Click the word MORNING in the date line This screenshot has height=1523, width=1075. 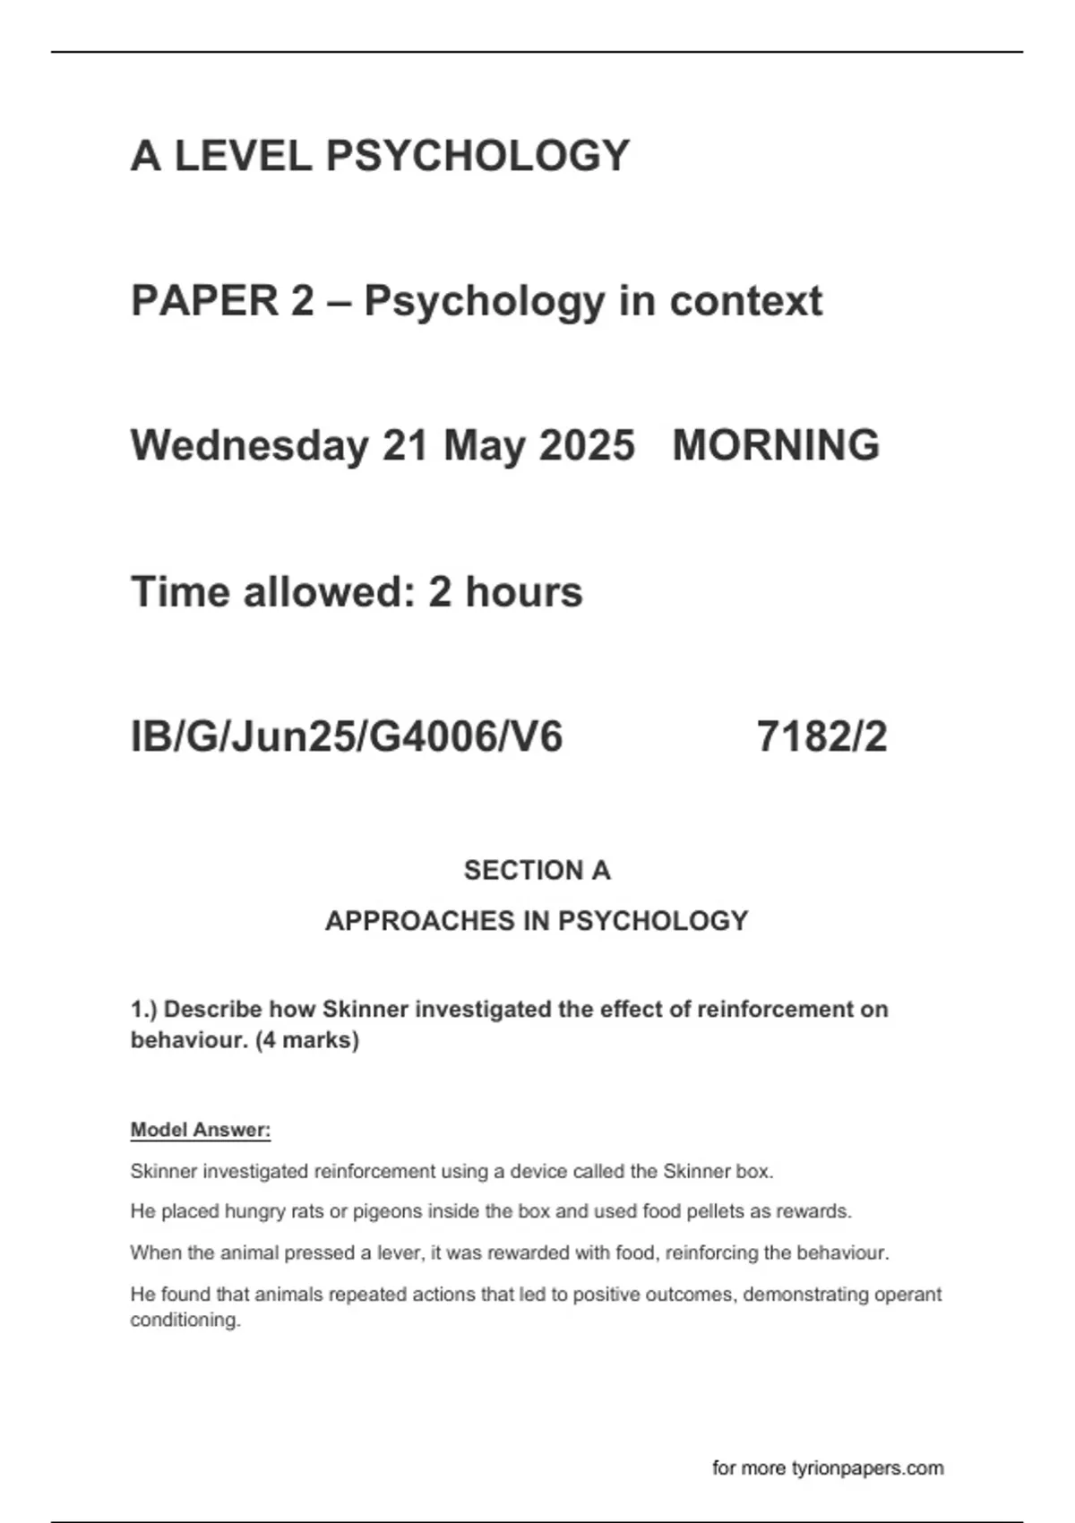pyautogui.click(x=776, y=445)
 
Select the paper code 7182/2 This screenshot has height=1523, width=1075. pyautogui.click(x=821, y=736)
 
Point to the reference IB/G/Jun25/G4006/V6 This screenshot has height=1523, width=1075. pyautogui.click(x=347, y=736)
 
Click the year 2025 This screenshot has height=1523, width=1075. pyautogui.click(x=587, y=445)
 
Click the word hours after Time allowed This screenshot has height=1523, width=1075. pyautogui.click(x=523, y=591)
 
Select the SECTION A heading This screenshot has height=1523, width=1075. pyautogui.click(x=537, y=870)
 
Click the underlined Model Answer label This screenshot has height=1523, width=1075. pyautogui.click(x=201, y=1130)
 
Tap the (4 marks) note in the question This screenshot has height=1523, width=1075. pyautogui.click(x=307, y=1040)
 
